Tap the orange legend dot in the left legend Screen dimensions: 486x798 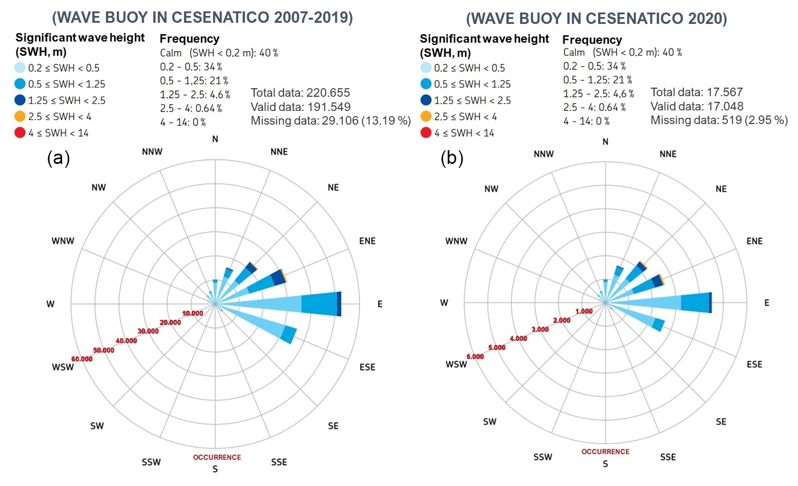20,117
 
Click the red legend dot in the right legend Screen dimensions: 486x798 425,133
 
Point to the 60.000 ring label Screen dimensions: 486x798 82,359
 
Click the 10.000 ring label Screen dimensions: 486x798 193,314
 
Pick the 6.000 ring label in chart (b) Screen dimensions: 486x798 474,357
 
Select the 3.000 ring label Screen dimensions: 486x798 540,330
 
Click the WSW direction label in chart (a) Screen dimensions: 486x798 63,367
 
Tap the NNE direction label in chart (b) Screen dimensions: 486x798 668,154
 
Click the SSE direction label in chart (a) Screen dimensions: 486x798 279,462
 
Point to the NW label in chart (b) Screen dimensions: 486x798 491,189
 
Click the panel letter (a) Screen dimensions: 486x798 58,158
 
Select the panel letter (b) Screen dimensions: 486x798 452,158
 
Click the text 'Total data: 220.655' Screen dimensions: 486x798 300,92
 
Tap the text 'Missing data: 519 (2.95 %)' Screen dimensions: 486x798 719,120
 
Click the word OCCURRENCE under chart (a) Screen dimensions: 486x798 217,457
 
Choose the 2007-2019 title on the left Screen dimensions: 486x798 202,18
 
